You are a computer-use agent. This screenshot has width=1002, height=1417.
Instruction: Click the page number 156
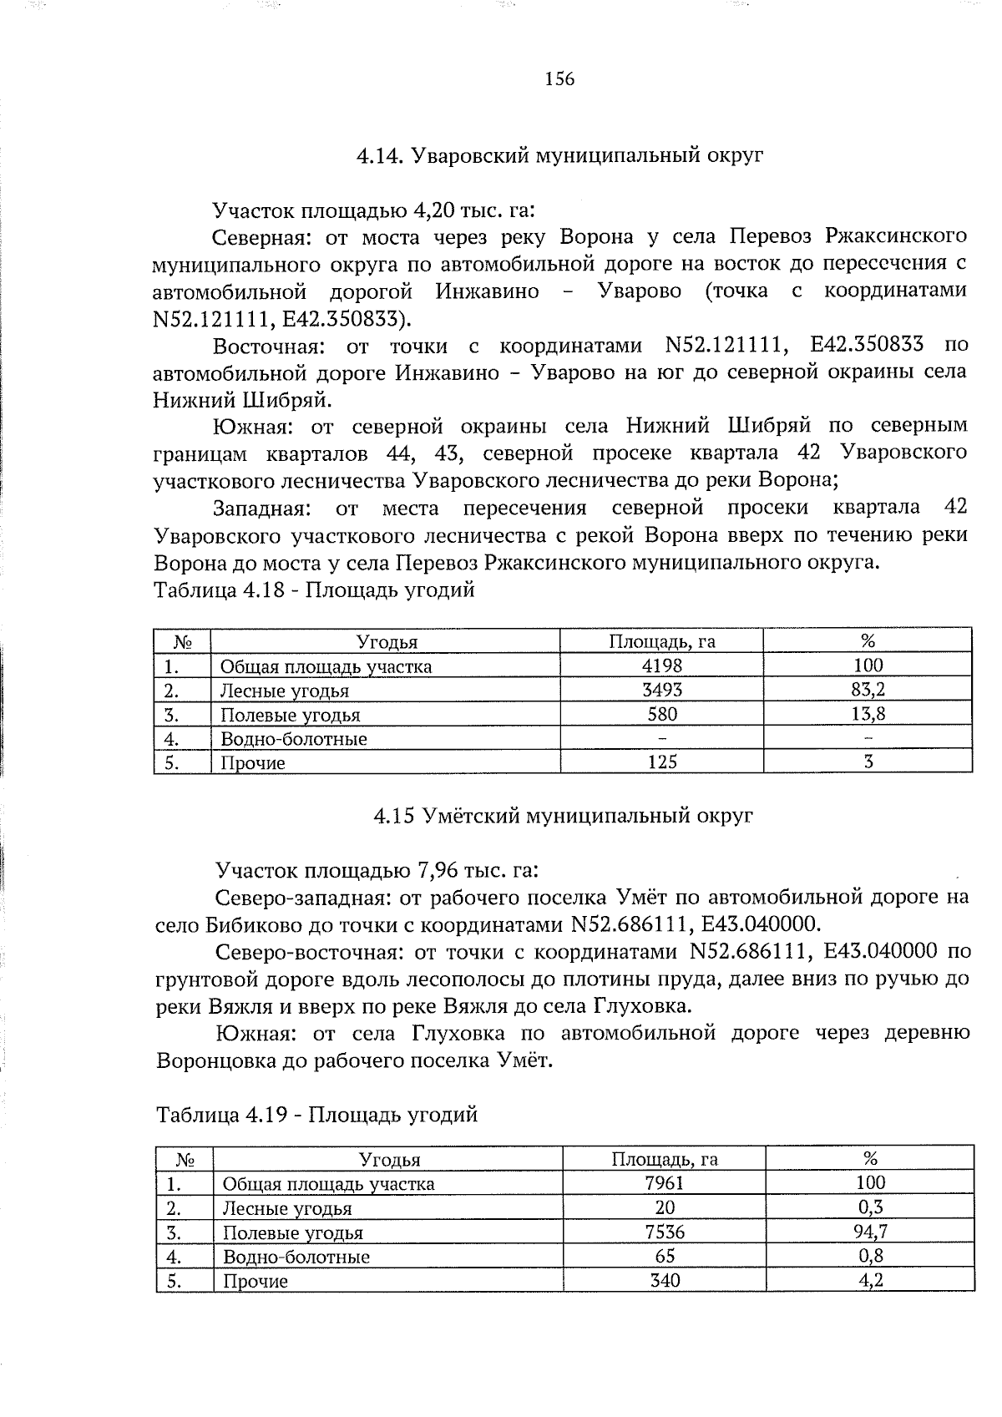pyautogui.click(x=559, y=79)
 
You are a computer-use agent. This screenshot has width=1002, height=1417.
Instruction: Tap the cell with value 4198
pyautogui.click(x=662, y=665)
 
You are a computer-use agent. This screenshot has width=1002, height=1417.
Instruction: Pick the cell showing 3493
pyautogui.click(x=662, y=690)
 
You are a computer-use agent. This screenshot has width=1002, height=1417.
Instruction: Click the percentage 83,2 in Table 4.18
pyautogui.click(x=868, y=690)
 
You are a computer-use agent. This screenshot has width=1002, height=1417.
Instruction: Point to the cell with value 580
pyautogui.click(x=662, y=714)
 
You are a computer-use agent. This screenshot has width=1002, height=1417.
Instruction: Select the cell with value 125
pyautogui.click(x=662, y=762)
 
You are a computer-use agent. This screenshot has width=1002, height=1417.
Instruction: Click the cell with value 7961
pyautogui.click(x=665, y=1183)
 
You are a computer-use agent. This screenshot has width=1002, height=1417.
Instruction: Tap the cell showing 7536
pyautogui.click(x=665, y=1232)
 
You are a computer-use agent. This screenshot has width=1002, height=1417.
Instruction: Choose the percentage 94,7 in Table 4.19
pyautogui.click(x=870, y=1232)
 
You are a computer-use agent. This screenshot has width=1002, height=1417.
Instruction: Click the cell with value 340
pyautogui.click(x=665, y=1280)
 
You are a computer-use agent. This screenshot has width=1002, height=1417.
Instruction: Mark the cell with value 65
pyautogui.click(x=665, y=1256)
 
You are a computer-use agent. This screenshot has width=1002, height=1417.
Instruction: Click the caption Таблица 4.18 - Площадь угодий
pyautogui.click(x=314, y=590)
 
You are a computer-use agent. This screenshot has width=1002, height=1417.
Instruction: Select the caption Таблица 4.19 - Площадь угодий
pyautogui.click(x=316, y=1115)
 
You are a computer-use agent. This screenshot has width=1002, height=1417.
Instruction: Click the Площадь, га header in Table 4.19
pyautogui.click(x=665, y=1159)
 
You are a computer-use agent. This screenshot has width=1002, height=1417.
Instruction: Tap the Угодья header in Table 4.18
pyautogui.click(x=387, y=642)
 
